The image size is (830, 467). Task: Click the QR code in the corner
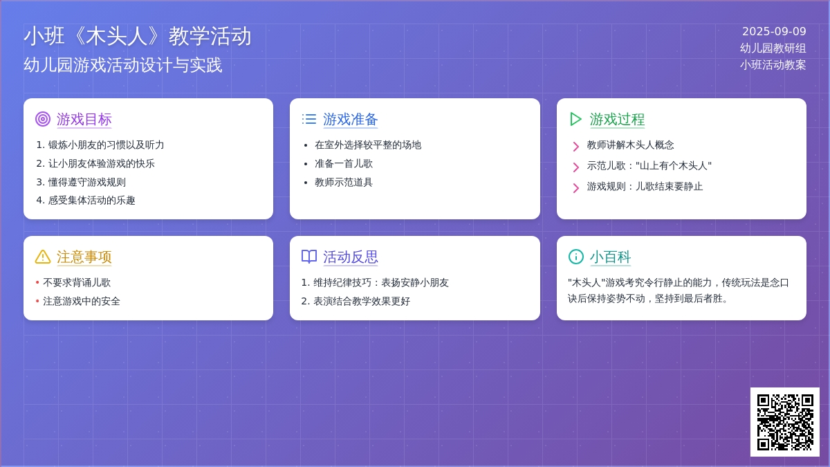[x=785, y=422]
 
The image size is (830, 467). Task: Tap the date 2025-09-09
[x=774, y=32]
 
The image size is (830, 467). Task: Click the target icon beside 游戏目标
[x=43, y=119]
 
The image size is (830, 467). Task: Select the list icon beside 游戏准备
[x=309, y=119]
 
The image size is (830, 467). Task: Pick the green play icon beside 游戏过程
[x=575, y=119]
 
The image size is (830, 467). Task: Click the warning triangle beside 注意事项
[x=43, y=257]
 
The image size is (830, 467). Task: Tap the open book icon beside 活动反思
[x=309, y=257]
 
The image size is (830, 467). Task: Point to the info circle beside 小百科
[x=575, y=257]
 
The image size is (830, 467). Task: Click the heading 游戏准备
[x=350, y=119]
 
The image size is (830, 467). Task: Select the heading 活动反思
[x=350, y=257]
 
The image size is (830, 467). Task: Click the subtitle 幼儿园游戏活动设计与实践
[x=122, y=65]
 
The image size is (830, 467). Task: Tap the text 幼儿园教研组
[x=773, y=48]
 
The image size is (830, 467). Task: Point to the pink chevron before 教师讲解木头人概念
[x=575, y=147]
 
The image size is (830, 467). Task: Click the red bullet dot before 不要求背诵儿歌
[x=37, y=282]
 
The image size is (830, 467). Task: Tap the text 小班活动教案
[x=773, y=65]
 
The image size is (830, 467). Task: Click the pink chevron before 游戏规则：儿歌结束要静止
[x=575, y=188]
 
